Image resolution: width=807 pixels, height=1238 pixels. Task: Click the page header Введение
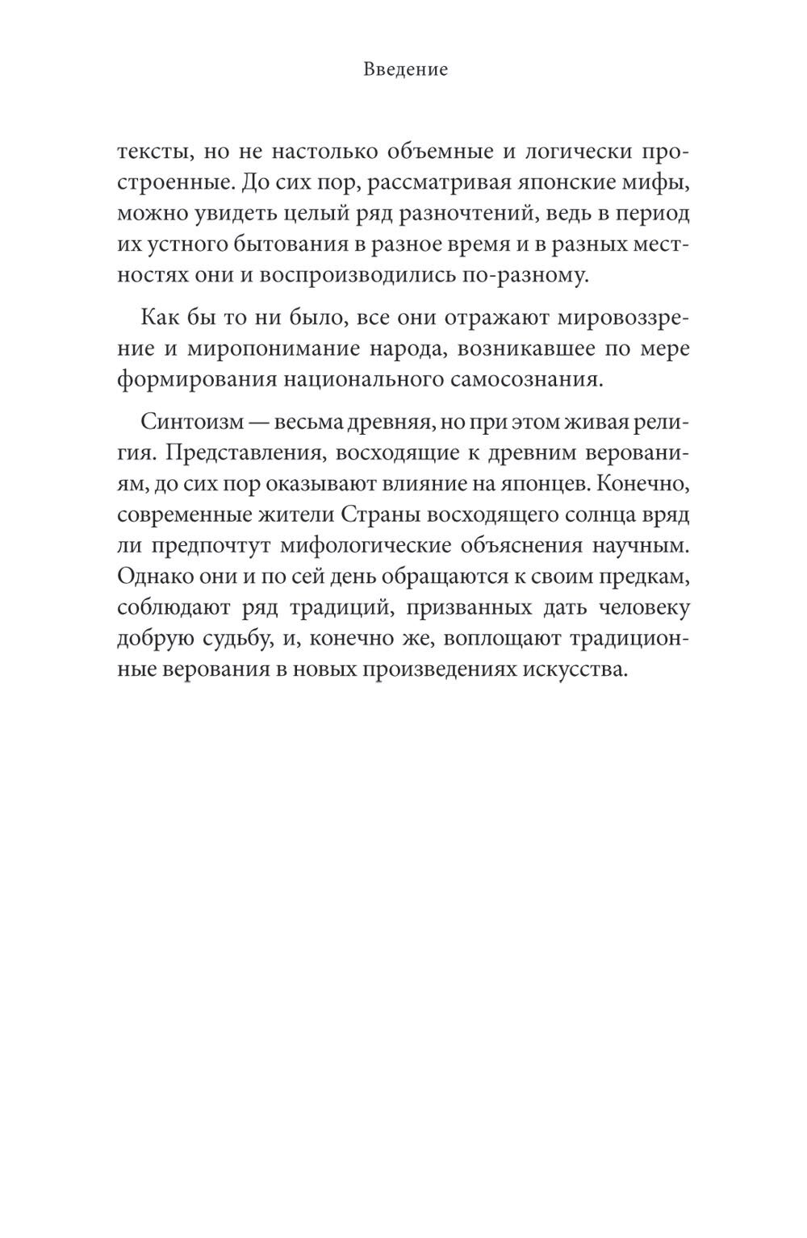(405, 70)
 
